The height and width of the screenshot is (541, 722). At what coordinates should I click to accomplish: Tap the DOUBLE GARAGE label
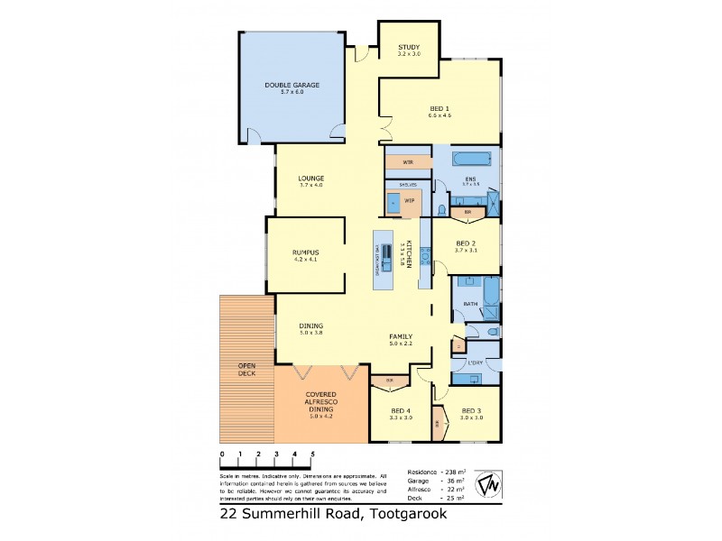pos(292,86)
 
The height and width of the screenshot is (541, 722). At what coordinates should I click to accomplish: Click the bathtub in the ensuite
pos(473,160)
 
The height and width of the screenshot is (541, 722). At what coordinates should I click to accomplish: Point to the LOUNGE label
pos(310,179)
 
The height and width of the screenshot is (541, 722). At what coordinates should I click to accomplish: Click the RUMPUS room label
pos(307,252)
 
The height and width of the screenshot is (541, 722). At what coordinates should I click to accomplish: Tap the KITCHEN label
pos(409,255)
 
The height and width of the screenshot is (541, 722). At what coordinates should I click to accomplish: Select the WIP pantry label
pos(408,200)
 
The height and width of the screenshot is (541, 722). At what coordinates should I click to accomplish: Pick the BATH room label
pos(469,304)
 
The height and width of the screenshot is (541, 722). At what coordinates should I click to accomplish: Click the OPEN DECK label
pos(246,369)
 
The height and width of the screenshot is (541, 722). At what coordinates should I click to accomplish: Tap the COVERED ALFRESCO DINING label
pos(321,402)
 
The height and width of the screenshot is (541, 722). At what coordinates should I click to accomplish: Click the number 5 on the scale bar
pos(312,454)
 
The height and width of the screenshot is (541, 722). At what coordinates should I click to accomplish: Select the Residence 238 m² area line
pos(436,472)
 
